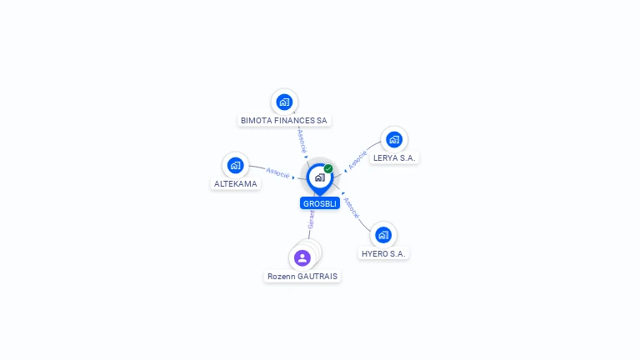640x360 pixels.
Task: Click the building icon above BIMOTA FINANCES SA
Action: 284,102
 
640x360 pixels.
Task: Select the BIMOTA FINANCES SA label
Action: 284,120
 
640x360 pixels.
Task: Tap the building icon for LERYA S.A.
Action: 393,139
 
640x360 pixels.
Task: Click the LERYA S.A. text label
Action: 394,157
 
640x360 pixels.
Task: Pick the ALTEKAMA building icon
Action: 235,165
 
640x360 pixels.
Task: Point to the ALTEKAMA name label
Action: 235,183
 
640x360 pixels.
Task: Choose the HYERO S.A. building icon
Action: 382,235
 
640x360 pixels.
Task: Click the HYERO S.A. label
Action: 384,253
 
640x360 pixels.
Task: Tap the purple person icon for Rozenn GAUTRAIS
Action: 302,257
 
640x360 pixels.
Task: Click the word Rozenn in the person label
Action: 282,276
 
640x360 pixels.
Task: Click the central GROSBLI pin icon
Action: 319,177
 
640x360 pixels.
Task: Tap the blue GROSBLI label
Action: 320,203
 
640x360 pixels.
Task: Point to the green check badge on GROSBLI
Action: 328,168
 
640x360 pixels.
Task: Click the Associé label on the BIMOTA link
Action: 302,140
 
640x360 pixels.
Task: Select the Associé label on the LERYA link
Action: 357,159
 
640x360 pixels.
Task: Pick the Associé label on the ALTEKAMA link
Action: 277,172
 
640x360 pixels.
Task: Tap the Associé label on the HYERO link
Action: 351,207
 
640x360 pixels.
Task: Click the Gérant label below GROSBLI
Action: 311,220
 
